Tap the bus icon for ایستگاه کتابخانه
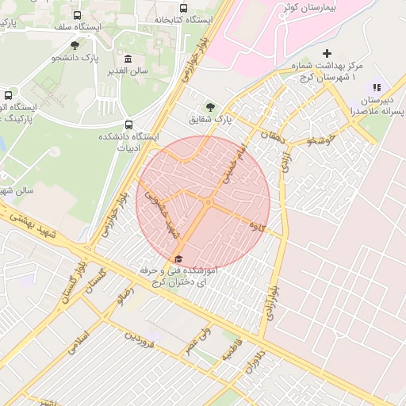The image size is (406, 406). tap(184, 9)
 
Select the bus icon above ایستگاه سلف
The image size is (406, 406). tap(77, 15)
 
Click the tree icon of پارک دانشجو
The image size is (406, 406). tap(75, 46)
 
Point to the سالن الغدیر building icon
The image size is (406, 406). tap(128, 59)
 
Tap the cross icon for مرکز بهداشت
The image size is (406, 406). tap(327, 53)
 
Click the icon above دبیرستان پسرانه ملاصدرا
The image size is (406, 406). tap(377, 87)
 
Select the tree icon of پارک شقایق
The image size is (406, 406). tap(210, 107)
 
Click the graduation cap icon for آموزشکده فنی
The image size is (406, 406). tap(178, 259)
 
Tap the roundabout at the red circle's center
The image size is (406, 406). tap(208, 203)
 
